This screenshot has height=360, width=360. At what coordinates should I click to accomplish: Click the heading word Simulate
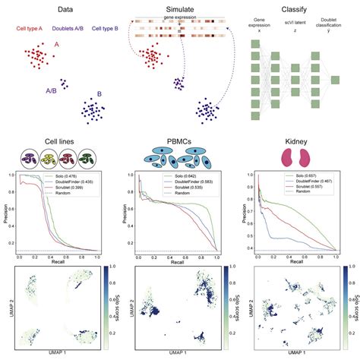pos(176,10)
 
